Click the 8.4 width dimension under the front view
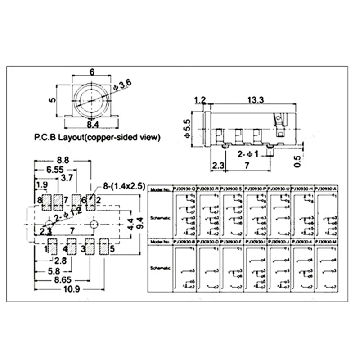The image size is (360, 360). pyautogui.click(x=93, y=124)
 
